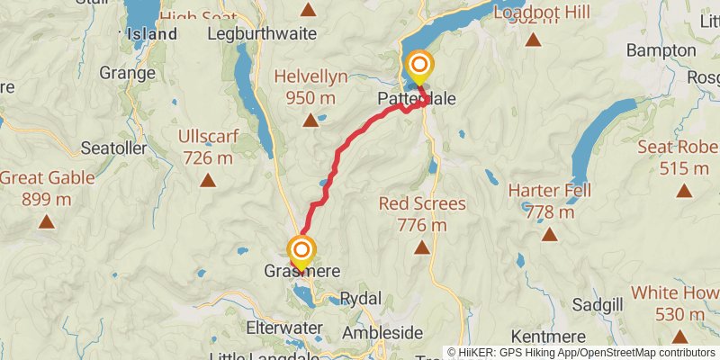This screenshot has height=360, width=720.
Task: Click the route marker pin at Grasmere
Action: pos(301,250)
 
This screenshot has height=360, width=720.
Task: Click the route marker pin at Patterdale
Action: pos(419,66)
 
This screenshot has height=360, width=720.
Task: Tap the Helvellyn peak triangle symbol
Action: pos(310,119)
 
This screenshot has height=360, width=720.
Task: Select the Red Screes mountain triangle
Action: pos(419,246)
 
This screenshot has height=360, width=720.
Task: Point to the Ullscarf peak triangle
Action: pos(208,180)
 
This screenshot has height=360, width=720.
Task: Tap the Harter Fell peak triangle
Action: pos(549,235)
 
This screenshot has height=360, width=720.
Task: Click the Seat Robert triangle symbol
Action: pos(684,191)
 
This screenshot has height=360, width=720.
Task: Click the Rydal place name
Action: pos(362,298)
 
